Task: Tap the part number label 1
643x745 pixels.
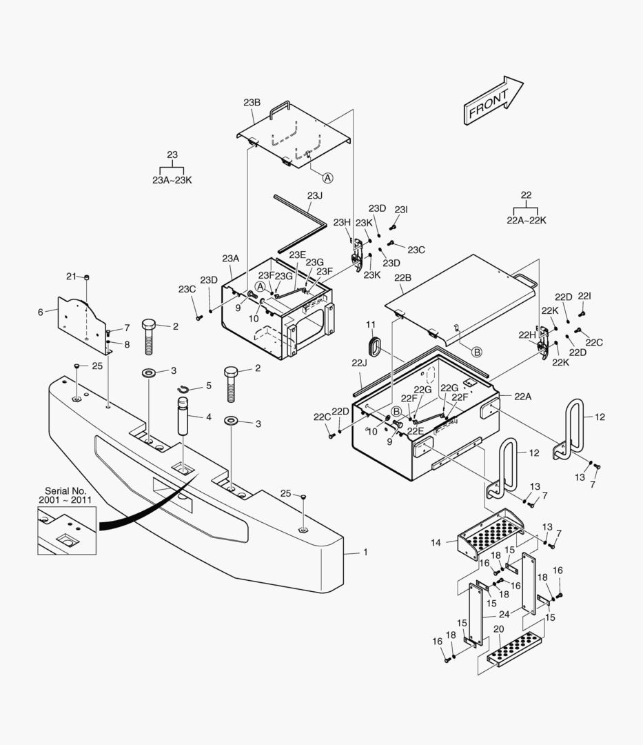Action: [365, 553]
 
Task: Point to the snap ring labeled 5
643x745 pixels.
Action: [184, 388]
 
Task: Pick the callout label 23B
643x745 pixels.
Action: [252, 102]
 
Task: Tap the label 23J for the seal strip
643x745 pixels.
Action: [314, 195]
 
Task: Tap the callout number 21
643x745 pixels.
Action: [71, 277]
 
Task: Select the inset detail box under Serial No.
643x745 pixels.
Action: [66, 529]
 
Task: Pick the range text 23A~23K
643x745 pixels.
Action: [172, 180]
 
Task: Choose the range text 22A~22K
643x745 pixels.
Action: [527, 220]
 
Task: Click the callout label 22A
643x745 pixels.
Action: [522, 396]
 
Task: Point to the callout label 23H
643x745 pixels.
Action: [342, 222]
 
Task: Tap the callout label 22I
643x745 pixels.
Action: [584, 295]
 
